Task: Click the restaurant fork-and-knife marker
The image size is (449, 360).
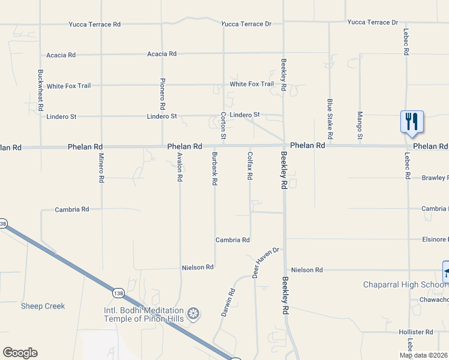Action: point(412,121)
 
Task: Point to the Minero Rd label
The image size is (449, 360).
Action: point(101,167)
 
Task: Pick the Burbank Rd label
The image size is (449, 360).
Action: point(214,168)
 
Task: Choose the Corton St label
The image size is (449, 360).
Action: point(223,126)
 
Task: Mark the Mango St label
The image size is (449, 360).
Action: point(360,125)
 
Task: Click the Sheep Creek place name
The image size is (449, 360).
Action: point(43,306)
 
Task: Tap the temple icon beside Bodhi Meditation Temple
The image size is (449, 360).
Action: point(193,313)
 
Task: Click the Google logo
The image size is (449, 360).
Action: point(20,352)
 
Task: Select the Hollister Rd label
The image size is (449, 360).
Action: point(416,332)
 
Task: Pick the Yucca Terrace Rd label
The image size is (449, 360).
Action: point(93,24)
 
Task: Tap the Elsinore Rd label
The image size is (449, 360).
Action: point(435,239)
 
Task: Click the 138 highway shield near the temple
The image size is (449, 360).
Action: point(118,292)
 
